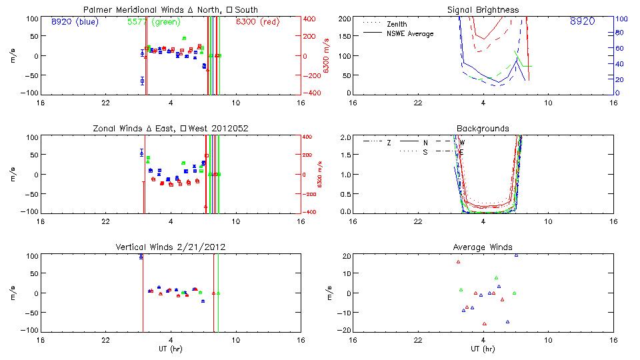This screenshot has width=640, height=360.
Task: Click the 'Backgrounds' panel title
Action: pos(483,128)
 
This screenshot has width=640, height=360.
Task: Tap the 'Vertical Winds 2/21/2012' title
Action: pos(171,247)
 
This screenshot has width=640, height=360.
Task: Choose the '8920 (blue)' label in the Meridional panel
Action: pos(75,21)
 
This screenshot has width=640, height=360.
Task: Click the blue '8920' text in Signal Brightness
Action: pos(582,21)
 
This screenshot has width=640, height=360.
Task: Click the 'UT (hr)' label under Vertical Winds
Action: pos(171,349)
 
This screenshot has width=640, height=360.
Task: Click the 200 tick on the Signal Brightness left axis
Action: pos(345,19)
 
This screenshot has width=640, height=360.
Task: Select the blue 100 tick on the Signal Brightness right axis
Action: pos(619,19)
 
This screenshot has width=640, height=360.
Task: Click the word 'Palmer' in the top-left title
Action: pos(97,10)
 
